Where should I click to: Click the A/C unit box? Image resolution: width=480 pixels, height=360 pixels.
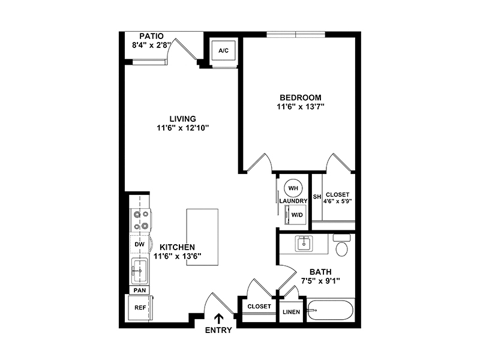coord(223,50)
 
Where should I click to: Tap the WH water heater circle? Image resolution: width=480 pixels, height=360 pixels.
coord(293,188)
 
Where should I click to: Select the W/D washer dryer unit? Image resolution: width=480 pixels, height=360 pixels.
coord(295,215)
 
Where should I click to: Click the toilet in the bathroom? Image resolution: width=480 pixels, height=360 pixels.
coord(341,245)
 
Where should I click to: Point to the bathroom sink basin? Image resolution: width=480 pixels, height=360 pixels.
coord(304,244)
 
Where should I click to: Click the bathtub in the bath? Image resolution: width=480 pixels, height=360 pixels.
coord(331,310)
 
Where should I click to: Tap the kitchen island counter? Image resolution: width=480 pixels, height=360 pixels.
coord(202,237)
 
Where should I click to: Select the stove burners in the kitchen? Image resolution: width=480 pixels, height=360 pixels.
coord(140,220)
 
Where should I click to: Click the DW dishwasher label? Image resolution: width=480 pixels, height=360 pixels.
coord(140,244)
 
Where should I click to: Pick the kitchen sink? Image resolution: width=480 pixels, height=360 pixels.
coord(140,271)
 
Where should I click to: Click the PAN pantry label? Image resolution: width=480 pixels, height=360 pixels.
coord(140,290)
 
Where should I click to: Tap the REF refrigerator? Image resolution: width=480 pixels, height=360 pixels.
coord(140,308)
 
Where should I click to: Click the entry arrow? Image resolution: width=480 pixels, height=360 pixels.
coord(218,319)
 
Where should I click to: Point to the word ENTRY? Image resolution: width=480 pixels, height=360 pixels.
coord(218,331)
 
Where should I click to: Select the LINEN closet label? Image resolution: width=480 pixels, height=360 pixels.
coord(292,312)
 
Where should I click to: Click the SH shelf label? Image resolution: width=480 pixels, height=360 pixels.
coord(317,197)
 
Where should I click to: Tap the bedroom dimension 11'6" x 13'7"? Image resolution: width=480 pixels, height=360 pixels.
coord(301,107)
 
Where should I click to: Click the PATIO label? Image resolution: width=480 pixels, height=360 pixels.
coord(152,36)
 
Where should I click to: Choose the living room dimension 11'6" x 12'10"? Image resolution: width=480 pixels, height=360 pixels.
coord(183,128)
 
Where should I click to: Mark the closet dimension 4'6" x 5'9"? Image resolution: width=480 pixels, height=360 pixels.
coord(337,201)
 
